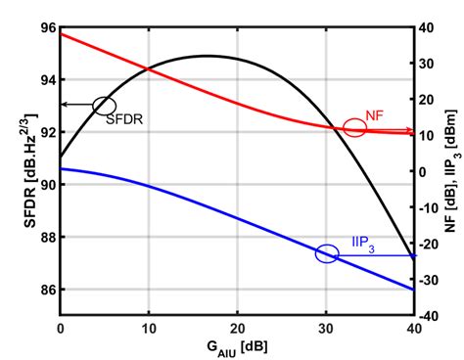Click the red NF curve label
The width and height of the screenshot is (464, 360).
[375, 115]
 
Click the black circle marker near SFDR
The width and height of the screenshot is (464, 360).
[104, 105]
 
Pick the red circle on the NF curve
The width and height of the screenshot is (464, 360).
[354, 128]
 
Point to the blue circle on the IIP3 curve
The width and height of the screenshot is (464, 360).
[327, 253]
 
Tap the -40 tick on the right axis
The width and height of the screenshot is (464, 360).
[428, 316]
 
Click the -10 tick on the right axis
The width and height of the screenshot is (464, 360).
[428, 207]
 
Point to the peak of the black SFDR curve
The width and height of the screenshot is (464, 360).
[208, 56]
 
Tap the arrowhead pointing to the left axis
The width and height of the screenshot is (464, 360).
[64, 105]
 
